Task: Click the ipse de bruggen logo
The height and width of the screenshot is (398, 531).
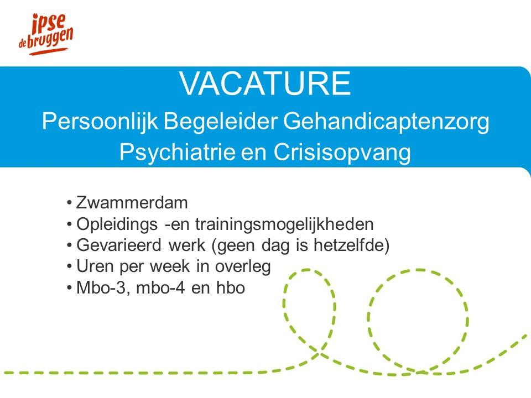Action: (x=46, y=34)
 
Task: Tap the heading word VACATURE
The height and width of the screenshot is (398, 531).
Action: (x=265, y=83)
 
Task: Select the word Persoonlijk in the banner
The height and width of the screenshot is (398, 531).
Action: (x=100, y=122)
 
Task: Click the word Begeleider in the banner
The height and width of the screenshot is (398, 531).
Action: (x=221, y=122)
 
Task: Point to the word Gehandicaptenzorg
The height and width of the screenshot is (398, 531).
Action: (x=387, y=122)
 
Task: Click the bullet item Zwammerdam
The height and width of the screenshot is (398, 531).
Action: (x=132, y=203)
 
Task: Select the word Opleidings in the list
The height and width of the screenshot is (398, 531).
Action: (x=117, y=224)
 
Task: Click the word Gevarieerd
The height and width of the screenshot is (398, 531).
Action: (x=119, y=245)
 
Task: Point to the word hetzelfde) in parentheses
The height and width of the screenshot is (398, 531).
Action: (x=352, y=245)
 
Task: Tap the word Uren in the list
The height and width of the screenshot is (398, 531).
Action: (x=95, y=266)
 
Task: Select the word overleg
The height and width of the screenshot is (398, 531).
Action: (x=243, y=267)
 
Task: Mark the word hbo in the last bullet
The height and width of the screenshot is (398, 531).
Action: (x=231, y=288)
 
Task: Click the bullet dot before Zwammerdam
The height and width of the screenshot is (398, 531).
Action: (x=70, y=203)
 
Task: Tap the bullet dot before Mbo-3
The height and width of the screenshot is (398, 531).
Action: (x=70, y=289)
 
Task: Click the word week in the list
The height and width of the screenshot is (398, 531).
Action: (x=170, y=266)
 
